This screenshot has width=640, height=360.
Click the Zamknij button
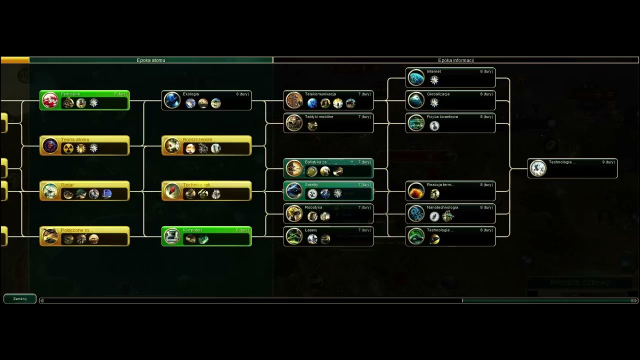point(20,298)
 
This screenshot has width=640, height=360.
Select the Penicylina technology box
point(84,100)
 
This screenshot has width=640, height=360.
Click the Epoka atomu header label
point(151,60)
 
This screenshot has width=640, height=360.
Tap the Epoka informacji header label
point(455,60)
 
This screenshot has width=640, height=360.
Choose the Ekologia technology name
point(191,94)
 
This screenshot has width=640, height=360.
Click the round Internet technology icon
point(416,77)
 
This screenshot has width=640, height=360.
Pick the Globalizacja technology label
point(438,94)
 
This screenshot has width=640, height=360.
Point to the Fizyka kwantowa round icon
point(416,123)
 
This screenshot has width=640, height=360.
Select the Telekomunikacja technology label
point(320,94)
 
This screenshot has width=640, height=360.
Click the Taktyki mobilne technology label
point(319,116)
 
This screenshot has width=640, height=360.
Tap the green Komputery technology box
point(206,236)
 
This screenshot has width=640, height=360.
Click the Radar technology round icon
point(50,191)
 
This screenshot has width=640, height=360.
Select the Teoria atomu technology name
point(75,139)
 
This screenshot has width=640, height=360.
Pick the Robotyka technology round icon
point(294,213)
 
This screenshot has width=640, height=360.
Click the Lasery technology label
point(311,230)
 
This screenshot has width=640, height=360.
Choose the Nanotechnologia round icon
point(416,213)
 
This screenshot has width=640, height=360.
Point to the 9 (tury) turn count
point(608,162)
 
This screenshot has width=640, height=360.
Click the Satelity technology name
point(311,184)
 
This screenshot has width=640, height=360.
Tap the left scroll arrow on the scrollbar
point(41,300)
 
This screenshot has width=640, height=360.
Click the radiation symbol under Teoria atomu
point(68,148)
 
